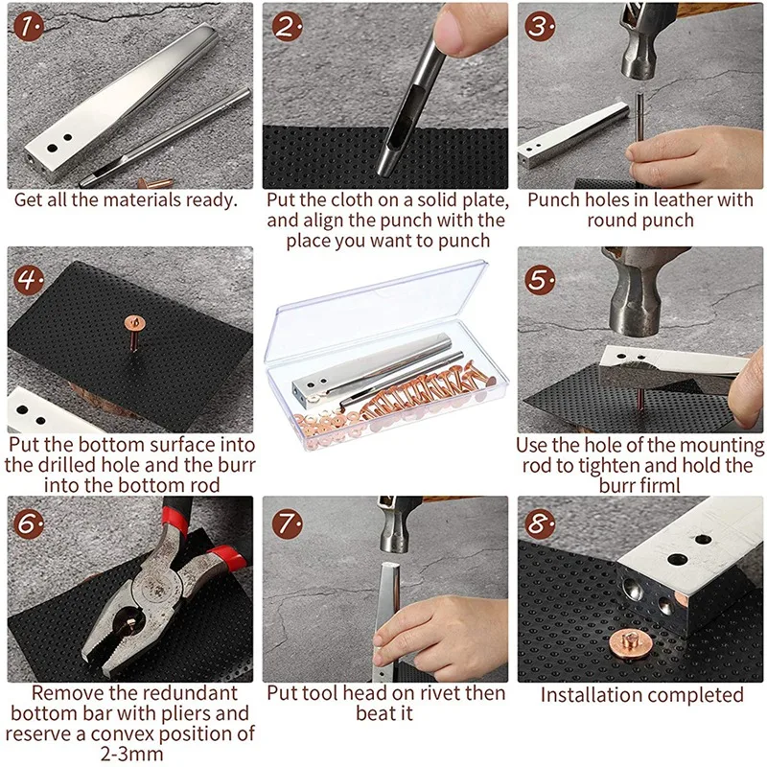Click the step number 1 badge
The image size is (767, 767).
[28, 27]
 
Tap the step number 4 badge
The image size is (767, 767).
[28, 280]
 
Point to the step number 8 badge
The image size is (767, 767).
[540, 523]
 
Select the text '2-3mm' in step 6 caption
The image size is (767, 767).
[131, 754]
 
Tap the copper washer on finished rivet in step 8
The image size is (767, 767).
[630, 642]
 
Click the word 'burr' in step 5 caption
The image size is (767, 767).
[617, 486]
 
